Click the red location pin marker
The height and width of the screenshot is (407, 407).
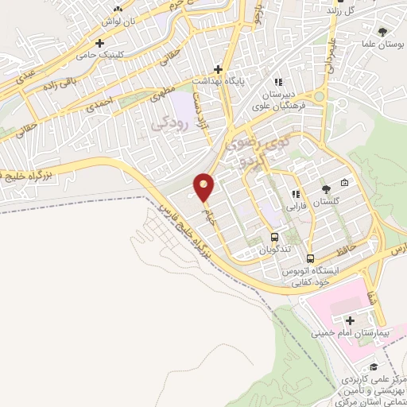[204, 188]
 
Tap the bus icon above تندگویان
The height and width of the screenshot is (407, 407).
[274, 237]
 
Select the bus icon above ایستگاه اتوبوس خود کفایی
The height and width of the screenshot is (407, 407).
[310, 258]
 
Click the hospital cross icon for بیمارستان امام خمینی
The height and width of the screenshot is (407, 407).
[350, 320]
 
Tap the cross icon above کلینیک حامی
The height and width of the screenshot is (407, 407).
[99, 43]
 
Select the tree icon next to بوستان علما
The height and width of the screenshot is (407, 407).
[383, 32]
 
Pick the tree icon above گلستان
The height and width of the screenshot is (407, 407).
[325, 189]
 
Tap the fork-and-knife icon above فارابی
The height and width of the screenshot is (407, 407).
[295, 193]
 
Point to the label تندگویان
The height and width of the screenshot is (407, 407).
[275, 250]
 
